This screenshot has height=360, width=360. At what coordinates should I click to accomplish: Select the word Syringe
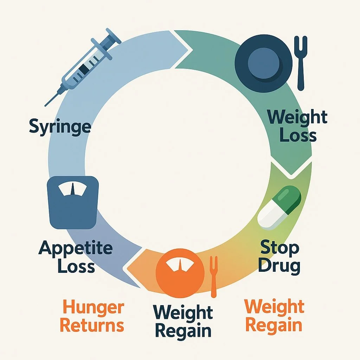click(60, 126)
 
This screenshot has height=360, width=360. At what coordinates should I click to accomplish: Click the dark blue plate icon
click(263, 64)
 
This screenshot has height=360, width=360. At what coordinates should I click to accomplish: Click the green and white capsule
click(279, 208)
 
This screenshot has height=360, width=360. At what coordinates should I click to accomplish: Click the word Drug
click(279, 266)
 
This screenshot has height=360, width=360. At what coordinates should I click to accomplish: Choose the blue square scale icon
click(72, 202)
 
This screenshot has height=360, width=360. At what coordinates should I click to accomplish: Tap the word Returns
click(92, 326)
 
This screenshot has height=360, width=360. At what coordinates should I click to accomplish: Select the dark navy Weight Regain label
click(183, 321)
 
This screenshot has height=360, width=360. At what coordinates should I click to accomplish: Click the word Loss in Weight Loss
click(298, 135)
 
